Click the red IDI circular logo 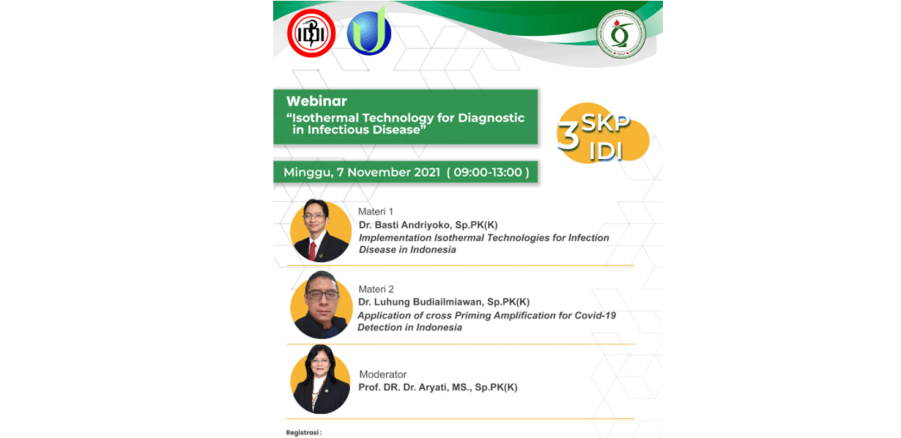311,33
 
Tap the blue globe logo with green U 369,31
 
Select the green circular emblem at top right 620,34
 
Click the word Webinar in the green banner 316,101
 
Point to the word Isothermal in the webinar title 325,118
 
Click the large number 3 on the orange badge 568,136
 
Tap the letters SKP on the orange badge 605,122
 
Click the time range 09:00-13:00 488,172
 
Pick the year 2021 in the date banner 427,172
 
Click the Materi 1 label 376,212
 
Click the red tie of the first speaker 313,251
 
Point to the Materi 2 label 376,289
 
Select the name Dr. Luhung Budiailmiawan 420,302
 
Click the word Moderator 382,374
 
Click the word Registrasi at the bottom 303,432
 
